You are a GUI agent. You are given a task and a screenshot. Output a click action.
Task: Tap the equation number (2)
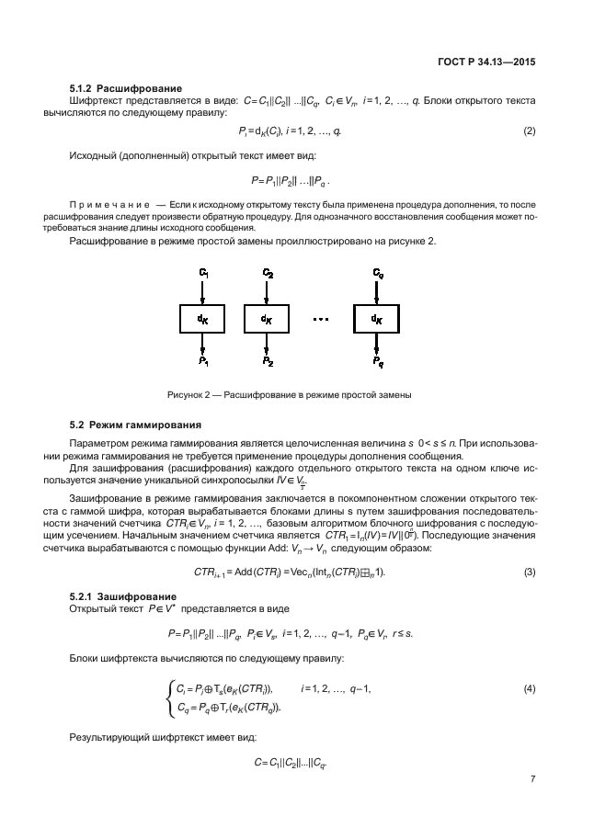pyautogui.click(x=529, y=131)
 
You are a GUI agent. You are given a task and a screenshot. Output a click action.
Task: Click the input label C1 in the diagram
pyautogui.click(x=204, y=273)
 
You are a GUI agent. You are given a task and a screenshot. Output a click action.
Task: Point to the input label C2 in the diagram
pyautogui.click(x=268, y=273)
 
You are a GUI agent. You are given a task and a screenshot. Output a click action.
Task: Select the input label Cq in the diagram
pyautogui.click(x=378, y=273)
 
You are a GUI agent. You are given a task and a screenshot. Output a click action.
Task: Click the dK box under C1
pyautogui.click(x=203, y=319)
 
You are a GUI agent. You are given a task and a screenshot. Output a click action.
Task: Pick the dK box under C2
pyautogui.click(x=267, y=319)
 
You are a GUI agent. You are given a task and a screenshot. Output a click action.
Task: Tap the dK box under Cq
pyautogui.click(x=377, y=319)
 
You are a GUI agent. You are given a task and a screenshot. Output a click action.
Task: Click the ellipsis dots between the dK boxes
pyautogui.click(x=321, y=319)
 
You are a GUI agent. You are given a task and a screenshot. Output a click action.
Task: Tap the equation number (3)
pyautogui.click(x=529, y=572)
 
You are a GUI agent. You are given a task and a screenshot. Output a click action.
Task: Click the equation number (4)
pyautogui.click(x=529, y=687)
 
